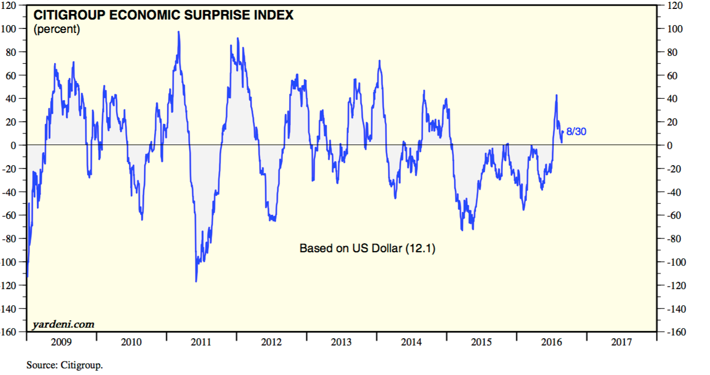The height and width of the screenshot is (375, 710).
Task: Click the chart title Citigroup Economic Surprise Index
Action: click(164, 15)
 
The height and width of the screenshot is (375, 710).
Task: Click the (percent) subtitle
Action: click(57, 30)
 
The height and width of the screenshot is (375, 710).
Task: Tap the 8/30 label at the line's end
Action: click(576, 132)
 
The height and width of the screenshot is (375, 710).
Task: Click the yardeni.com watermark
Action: click(63, 324)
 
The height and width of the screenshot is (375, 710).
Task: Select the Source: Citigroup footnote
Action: click(65, 366)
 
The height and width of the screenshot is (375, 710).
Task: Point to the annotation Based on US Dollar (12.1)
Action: click(367, 248)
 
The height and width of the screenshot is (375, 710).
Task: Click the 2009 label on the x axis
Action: click(61, 342)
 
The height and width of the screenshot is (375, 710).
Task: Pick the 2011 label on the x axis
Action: click(202, 342)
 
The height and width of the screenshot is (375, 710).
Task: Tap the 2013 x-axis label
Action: click(342, 342)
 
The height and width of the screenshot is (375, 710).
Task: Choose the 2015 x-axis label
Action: click(482, 342)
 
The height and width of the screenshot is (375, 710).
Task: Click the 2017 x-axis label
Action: click(622, 342)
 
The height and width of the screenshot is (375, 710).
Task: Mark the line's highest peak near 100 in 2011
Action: click(179, 32)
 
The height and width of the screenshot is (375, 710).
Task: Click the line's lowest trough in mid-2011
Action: click(196, 281)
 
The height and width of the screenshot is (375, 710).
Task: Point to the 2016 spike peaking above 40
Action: click(557, 95)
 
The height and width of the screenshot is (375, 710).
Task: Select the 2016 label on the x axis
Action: click(551, 342)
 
